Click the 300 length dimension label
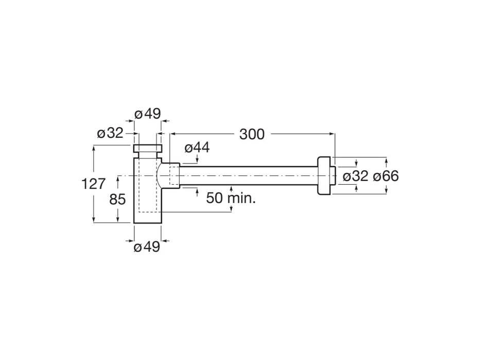pos(252,134)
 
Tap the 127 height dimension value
pos(93,184)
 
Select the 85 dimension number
pos(117,200)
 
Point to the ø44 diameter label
pos(197,148)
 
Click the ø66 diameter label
pos(386,176)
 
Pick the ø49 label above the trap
pos(148,114)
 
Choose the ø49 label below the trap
pos(147,247)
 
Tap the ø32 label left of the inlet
pos(110,133)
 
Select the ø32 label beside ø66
pos(355,176)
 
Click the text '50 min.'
pos(231,198)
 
